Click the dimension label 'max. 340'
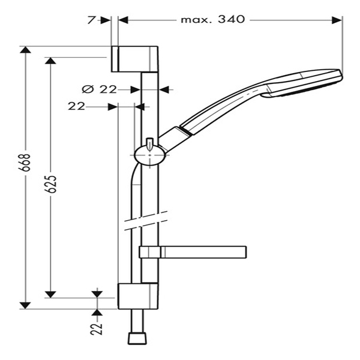(213, 20)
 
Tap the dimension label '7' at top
(91, 20)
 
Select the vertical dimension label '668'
(25, 163)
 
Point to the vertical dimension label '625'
(51, 184)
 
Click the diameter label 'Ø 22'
(100, 89)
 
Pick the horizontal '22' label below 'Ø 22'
(76, 106)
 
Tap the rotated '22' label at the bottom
(97, 329)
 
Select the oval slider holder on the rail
(149, 155)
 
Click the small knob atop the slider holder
(149, 145)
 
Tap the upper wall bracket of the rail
(134, 59)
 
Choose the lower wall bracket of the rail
(138, 296)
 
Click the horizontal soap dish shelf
(193, 252)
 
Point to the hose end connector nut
(137, 338)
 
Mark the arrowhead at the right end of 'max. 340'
(337, 20)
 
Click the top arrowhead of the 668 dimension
(25, 50)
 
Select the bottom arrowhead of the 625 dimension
(50, 295)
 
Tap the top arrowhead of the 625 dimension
(50, 61)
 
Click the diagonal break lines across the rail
(146, 220)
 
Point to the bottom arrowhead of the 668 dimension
(25, 305)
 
